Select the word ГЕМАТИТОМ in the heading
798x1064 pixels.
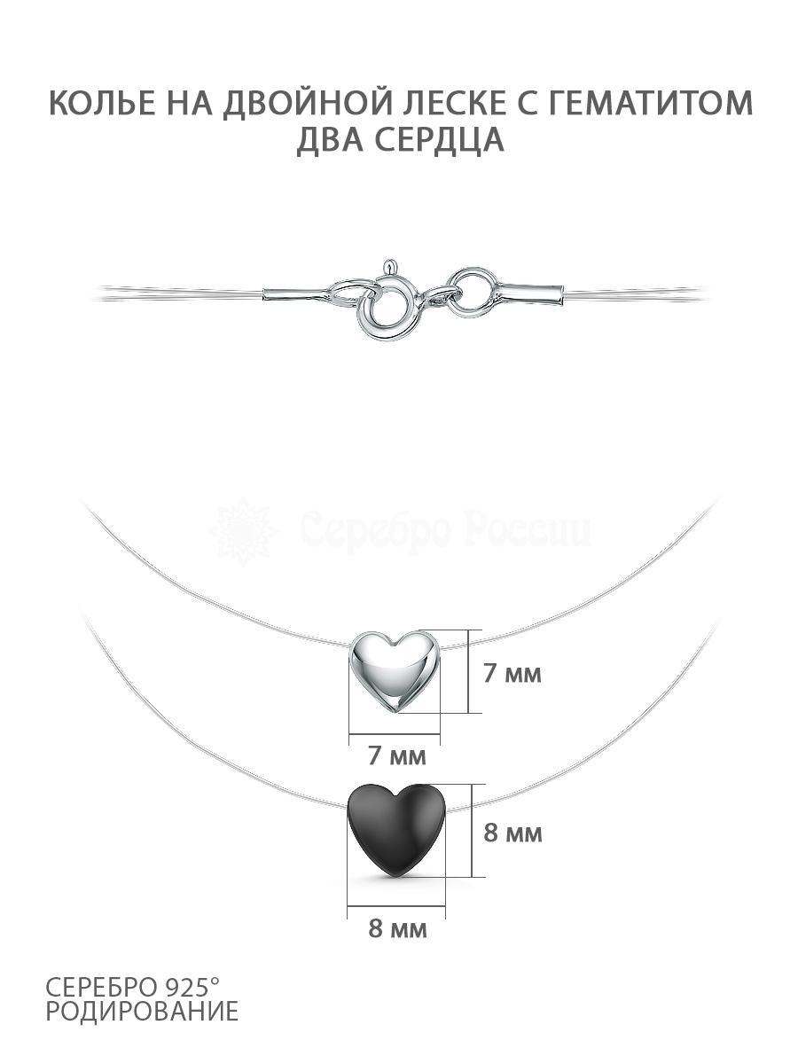tap(649, 103)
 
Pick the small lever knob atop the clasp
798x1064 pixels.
tap(387, 267)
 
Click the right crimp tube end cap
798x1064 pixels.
tap(533, 294)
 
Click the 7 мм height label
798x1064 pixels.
tap(512, 674)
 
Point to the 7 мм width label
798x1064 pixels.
tap(397, 755)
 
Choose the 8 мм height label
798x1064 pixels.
tap(513, 833)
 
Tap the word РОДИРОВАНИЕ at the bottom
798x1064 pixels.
tap(143, 1013)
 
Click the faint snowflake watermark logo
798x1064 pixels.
tap(243, 532)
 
